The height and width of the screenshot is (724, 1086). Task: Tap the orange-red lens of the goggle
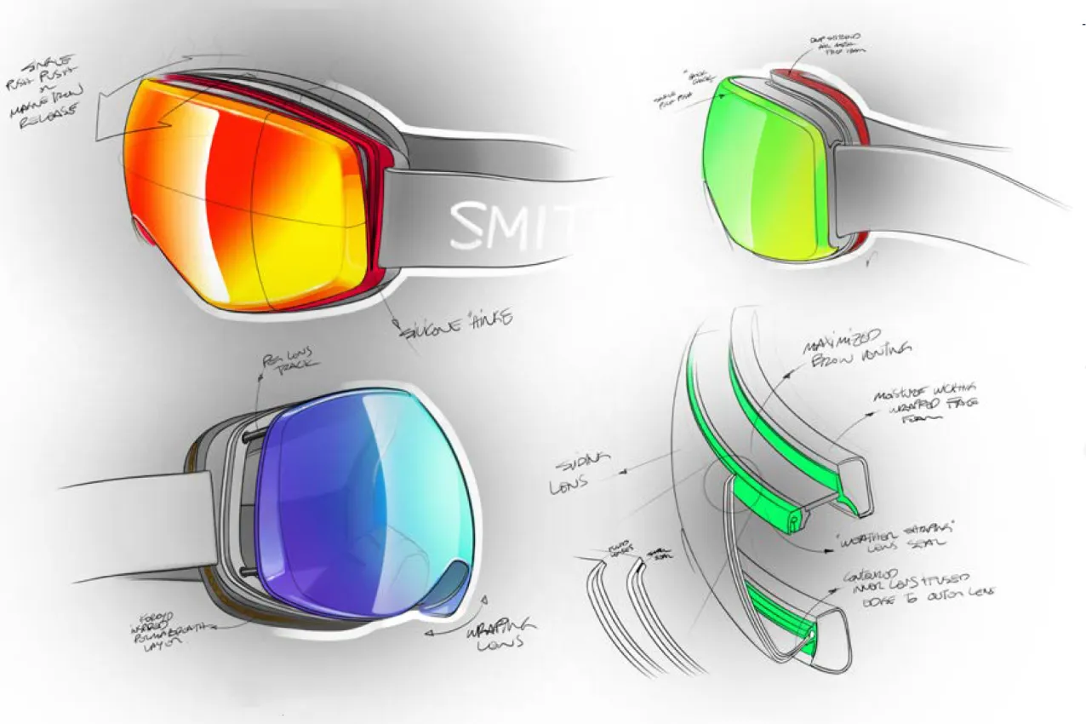247,196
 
